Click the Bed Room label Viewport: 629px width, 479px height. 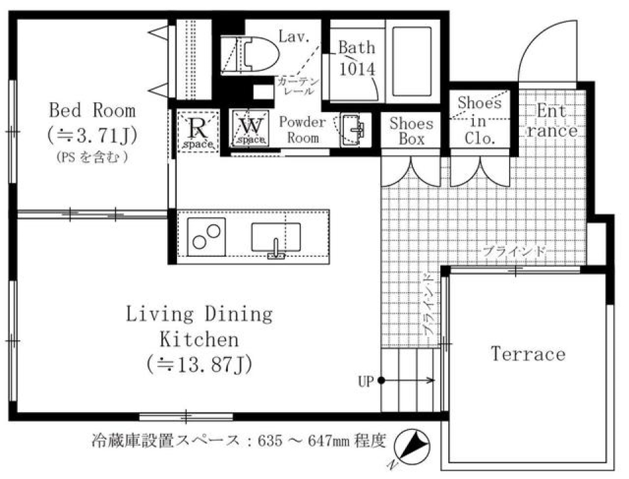coord(92,109)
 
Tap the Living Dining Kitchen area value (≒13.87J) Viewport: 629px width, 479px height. coord(199,363)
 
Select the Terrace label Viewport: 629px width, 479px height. coord(528,354)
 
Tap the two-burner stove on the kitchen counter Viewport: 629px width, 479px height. coord(206,237)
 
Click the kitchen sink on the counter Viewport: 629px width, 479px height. coord(276,237)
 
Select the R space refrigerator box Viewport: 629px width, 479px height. coord(197,130)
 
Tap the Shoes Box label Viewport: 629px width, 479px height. coord(411,131)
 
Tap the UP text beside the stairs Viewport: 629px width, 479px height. coord(366,380)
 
